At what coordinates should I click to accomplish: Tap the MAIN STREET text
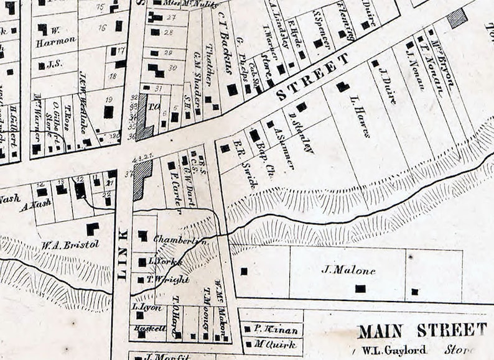click(422, 330)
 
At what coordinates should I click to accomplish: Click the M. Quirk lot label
click(269, 343)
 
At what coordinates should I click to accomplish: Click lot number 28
click(168, 32)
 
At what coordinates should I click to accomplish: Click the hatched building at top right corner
click(457, 17)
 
